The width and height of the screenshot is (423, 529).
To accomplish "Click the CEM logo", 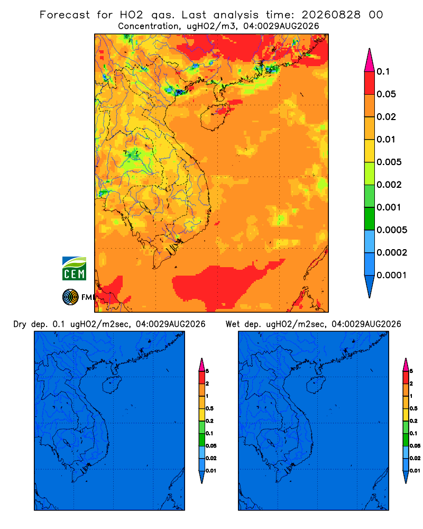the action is point(74,269).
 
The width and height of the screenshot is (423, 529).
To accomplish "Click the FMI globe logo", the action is point(70,297).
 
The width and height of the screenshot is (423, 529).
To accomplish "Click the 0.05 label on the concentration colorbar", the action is point(386,94).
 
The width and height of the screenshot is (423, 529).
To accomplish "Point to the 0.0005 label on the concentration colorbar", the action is point(392,230).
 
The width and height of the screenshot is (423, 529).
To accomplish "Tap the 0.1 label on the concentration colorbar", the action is point(383,71).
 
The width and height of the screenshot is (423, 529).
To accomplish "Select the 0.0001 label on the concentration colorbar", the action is point(392,275).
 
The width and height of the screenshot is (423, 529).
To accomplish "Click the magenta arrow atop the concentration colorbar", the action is point(370,60).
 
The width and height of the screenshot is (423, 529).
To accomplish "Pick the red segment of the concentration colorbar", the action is point(370,83).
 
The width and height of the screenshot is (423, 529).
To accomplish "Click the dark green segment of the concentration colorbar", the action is point(370,218).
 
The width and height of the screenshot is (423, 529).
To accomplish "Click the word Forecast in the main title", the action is point(65,15).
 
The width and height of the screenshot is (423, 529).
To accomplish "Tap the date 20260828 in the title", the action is point(331,15).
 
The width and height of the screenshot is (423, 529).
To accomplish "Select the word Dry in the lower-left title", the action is point(20,324).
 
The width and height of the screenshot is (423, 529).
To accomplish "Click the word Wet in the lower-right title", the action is point(233,324).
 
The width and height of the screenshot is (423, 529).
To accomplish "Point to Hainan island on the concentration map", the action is point(214,117).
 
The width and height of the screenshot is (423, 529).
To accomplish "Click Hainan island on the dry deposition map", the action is point(112,385).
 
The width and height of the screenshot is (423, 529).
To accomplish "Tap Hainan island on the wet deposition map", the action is point(316,385).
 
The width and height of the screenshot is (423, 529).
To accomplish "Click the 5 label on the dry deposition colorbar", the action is point(207,371).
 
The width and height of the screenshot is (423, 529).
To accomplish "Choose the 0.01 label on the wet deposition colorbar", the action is point(415,471).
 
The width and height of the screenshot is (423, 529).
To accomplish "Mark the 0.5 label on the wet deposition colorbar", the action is point(413,408).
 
